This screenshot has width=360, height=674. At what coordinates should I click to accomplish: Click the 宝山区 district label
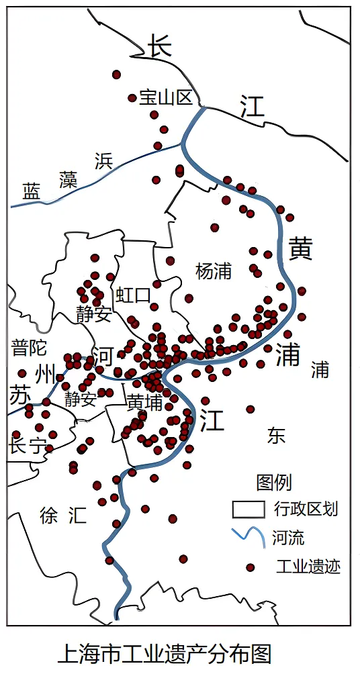[166, 97]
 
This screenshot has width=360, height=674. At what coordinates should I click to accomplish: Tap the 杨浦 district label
[214, 271]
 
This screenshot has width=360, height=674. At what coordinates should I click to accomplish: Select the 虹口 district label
[133, 295]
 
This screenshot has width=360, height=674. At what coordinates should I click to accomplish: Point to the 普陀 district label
[28, 347]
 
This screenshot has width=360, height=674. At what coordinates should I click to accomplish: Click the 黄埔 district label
[144, 402]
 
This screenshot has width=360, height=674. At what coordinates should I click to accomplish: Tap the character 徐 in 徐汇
[49, 516]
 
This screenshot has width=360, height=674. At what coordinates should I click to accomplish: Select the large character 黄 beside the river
[300, 249]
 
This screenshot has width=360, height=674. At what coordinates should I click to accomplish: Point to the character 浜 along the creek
[103, 160]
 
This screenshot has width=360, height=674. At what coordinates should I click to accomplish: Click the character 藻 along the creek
[68, 179]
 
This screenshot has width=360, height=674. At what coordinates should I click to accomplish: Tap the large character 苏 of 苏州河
[19, 395]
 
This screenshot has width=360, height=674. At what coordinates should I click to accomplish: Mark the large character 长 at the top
[160, 46]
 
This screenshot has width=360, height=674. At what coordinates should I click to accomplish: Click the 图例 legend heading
[274, 482]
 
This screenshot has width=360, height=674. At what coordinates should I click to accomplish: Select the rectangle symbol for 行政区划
[249, 509]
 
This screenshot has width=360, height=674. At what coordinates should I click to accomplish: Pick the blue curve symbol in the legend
[249, 537]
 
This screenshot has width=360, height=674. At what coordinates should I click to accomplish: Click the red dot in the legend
[251, 567]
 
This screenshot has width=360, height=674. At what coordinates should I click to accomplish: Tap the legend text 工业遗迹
[308, 567]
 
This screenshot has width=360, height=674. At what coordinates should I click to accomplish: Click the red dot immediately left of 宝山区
[132, 98]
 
